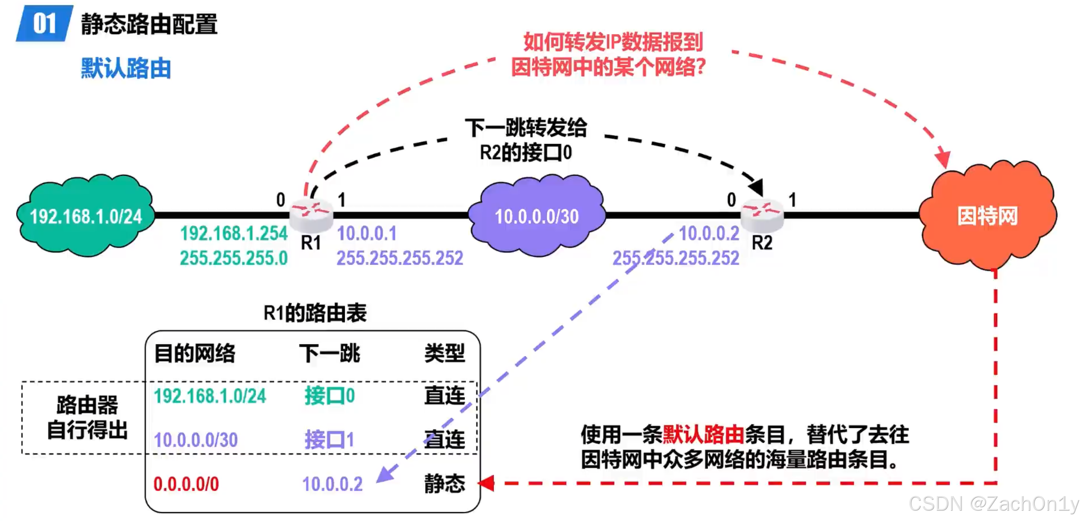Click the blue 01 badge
(44, 24)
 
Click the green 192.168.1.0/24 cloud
(86, 216)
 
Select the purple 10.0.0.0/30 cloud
(537, 216)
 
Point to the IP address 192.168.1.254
(234, 234)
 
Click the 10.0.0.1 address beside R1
(367, 234)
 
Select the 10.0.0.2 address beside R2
(709, 234)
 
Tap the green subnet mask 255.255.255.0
(234, 258)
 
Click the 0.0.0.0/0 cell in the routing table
(186, 484)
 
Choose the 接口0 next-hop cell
(330, 396)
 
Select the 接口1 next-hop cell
(330, 440)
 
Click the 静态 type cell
(444, 484)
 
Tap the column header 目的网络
(195, 354)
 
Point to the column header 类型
(444, 354)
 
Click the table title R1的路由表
(315, 313)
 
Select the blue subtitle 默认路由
(126, 68)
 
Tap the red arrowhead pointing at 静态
(487, 483)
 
